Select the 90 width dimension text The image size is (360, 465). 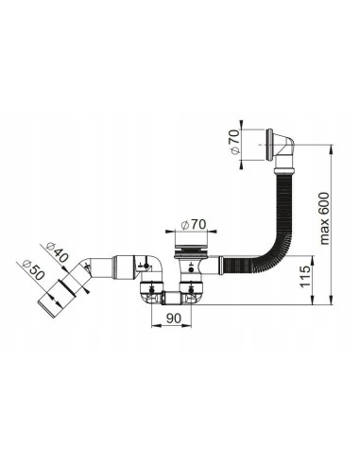[173, 318]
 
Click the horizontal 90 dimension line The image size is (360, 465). [172, 327]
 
